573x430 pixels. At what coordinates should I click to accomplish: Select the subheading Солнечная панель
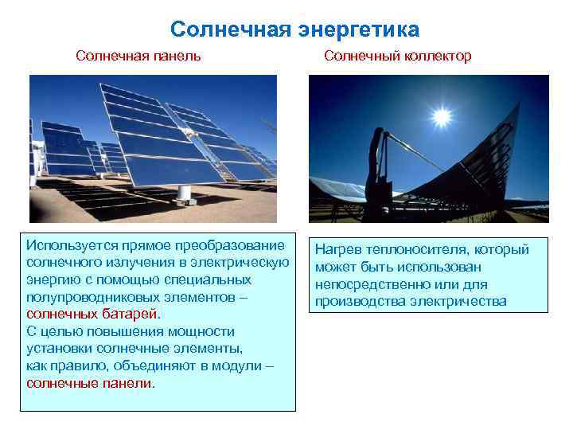coord(138,56)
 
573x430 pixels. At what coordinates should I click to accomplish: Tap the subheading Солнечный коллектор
coord(398,56)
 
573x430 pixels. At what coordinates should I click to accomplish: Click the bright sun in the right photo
coord(442,116)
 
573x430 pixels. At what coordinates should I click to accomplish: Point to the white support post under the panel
coord(184,192)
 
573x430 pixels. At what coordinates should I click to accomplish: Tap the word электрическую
coord(241,262)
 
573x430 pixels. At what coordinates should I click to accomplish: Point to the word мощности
coord(202,331)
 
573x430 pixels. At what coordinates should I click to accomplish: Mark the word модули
coord(238,365)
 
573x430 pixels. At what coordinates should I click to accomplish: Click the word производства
coord(361,301)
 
